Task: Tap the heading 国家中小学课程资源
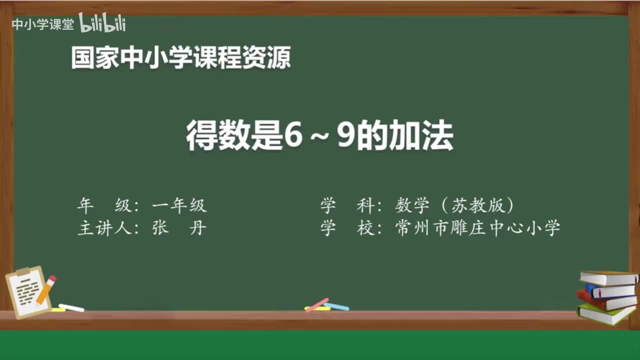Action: tap(180, 58)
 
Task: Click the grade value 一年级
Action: tap(179, 205)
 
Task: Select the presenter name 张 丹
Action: tap(179, 228)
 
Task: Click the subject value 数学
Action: tap(412, 205)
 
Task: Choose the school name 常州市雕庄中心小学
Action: tap(477, 228)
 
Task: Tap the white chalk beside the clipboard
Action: tap(71, 307)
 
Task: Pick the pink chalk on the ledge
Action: tap(317, 304)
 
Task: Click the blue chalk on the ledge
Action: tap(336, 306)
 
